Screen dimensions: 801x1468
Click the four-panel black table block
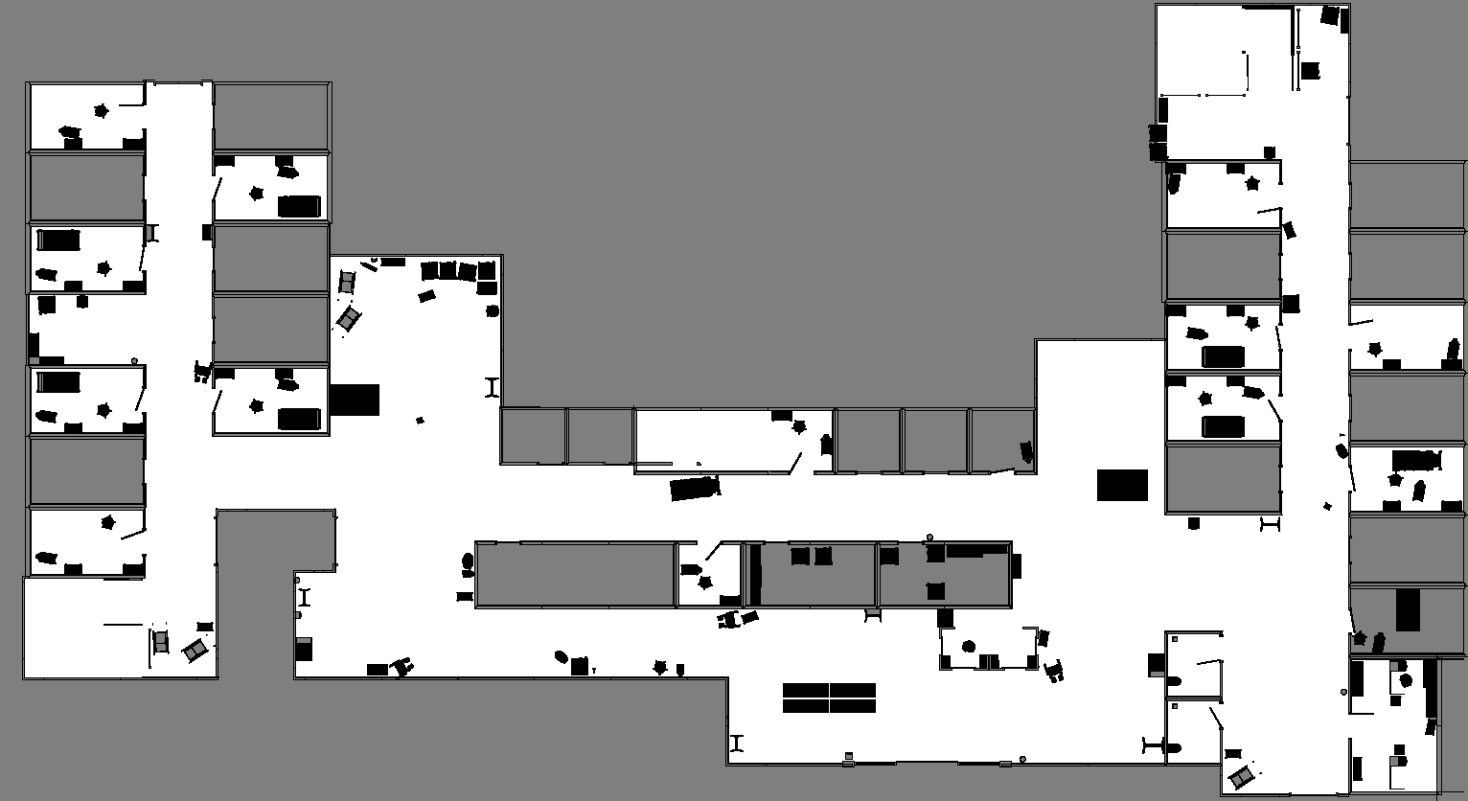coord(829,698)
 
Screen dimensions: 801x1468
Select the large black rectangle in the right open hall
coord(1122,485)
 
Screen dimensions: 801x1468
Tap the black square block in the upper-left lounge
coord(355,400)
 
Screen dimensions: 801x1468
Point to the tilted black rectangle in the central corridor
coord(694,489)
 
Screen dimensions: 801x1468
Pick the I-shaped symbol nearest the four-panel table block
coord(737,743)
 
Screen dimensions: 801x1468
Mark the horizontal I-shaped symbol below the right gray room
coord(1271,523)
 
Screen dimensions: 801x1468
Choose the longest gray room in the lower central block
coord(575,574)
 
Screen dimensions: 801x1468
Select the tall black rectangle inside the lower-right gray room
coord(1408,610)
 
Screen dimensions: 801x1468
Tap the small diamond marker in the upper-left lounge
coord(420,420)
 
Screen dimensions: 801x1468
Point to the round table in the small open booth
coord(969,647)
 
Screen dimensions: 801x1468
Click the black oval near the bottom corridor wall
coord(562,656)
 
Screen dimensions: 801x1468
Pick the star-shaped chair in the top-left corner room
coord(102,111)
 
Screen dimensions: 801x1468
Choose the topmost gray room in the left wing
coord(86,187)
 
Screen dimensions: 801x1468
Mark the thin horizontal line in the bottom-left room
coord(123,625)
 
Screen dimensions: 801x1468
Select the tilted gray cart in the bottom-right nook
coord(1242,775)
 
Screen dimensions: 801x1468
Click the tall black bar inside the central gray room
coord(755,575)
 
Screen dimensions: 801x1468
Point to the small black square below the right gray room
coord(1194,523)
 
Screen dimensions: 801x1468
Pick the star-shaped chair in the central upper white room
coord(799,427)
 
